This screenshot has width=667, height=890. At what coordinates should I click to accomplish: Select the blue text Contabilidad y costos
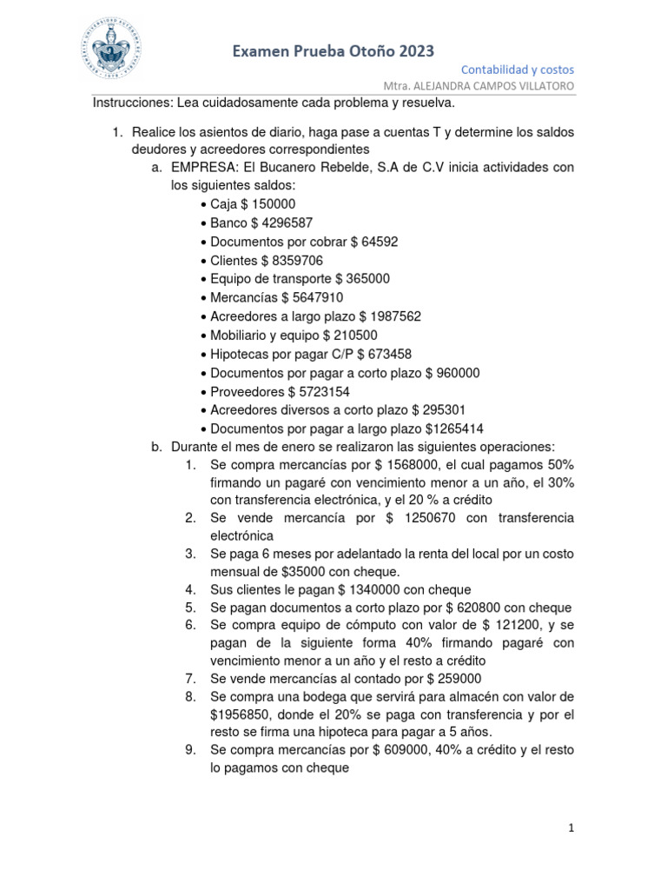[517, 70]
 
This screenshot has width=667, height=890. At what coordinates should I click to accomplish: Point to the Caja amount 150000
[275, 204]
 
